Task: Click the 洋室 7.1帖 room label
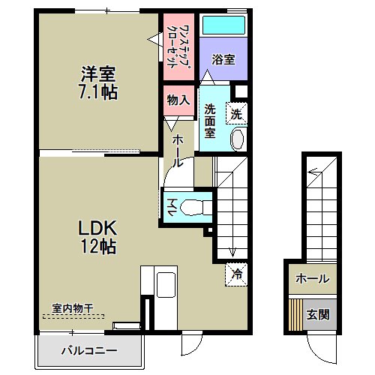[98, 83]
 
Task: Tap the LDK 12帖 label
[97, 236]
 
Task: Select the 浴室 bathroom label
[223, 59]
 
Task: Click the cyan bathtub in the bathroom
[223, 25]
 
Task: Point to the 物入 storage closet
[178, 100]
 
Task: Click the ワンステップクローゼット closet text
[178, 46]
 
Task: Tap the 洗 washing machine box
[236, 113]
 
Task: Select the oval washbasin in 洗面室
[238, 139]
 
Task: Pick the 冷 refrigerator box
[236, 274]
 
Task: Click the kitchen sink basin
[166, 285]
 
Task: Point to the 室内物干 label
[73, 308]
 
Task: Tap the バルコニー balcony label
[89, 351]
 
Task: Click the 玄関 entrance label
[318, 314]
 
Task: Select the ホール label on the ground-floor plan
[313, 278]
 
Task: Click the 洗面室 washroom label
[210, 121]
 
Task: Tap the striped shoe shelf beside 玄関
[295, 315]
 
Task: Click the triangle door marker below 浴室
[207, 77]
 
